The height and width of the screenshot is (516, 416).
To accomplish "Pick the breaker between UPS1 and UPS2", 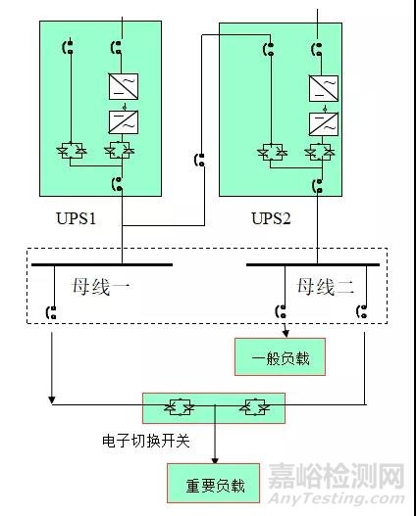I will click(x=200, y=160).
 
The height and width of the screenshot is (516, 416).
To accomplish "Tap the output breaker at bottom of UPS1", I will click(x=118, y=183).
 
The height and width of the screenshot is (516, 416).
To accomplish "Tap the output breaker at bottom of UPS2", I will click(x=317, y=183).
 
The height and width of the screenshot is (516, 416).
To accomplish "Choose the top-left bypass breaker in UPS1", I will click(x=69, y=46).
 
